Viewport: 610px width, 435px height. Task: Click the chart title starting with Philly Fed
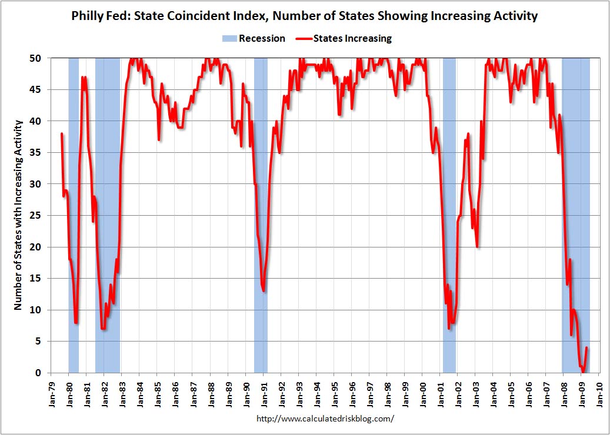pos(305,16)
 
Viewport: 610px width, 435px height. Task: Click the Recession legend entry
pos(254,38)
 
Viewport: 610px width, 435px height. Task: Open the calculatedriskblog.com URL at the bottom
pos(325,419)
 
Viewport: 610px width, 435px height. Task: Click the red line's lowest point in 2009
pos(583,372)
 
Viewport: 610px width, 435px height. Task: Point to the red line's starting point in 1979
pos(61,134)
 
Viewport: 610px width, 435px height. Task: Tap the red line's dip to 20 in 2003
pos(477,247)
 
